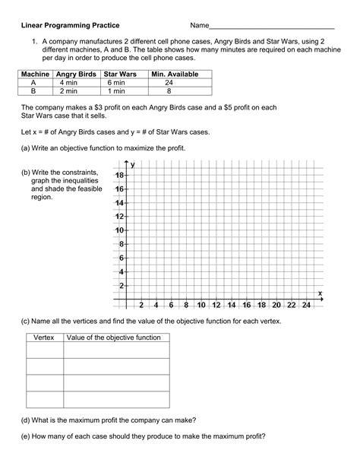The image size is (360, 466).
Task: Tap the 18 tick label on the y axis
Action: [x=119, y=176]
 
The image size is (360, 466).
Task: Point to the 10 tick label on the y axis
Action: [x=119, y=230]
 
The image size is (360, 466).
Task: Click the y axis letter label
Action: [x=133, y=164]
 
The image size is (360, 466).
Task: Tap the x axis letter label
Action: [x=320, y=293]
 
